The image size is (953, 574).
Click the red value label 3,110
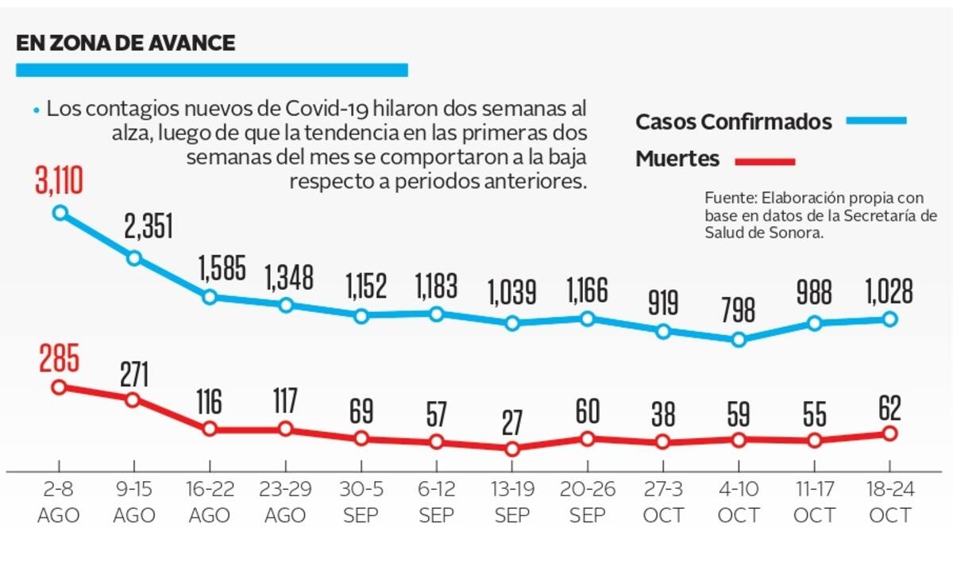(59, 181)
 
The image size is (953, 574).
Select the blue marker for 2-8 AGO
(60, 213)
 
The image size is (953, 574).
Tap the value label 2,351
(149, 229)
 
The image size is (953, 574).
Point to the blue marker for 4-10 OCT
(739, 339)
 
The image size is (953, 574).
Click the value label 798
(739, 311)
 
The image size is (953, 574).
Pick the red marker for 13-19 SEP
(512, 449)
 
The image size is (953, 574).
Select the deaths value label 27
(512, 421)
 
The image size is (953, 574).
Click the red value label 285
(59, 360)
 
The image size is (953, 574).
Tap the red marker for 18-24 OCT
(890, 433)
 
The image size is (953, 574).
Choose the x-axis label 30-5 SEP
(361, 503)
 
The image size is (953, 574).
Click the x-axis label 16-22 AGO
(210, 503)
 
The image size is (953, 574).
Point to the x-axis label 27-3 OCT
(663, 503)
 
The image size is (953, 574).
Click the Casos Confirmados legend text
(734, 122)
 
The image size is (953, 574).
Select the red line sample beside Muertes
(765, 162)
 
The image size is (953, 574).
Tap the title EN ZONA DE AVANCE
(125, 43)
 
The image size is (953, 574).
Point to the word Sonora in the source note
(796, 233)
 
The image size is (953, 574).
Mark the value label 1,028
(890, 291)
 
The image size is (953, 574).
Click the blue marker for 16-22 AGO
(210, 297)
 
